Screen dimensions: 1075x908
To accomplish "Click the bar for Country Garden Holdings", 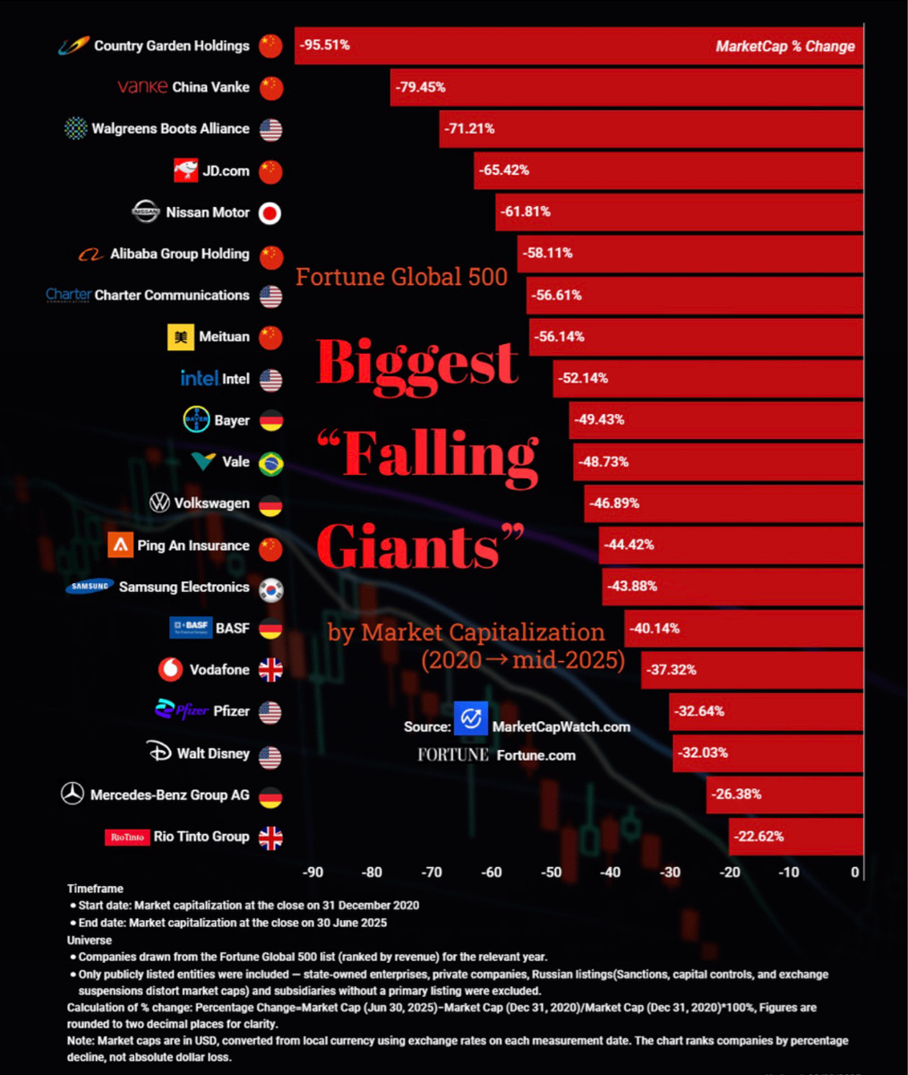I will [578, 46].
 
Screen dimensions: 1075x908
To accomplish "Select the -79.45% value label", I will [420, 87].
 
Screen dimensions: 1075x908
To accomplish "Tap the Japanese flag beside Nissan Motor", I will [270, 212].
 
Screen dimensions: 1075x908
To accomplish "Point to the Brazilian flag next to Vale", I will [270, 463].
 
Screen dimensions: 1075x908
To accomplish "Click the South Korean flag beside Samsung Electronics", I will [270, 589].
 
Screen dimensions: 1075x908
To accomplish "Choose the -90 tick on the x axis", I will [313, 873].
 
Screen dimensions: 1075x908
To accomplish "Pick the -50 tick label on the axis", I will [551, 873].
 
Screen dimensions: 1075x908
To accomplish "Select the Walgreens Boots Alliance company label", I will [170, 129].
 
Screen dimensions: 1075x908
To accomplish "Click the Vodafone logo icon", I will [170, 669].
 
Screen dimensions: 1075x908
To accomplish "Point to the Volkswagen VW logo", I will [159, 503].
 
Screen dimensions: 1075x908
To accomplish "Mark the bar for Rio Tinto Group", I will [795, 836].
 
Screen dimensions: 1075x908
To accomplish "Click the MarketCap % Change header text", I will [784, 47].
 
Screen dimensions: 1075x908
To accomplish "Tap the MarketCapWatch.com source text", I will [561, 727].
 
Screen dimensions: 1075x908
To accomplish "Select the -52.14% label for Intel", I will [583, 378].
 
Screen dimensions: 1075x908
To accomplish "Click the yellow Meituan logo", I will [181, 337].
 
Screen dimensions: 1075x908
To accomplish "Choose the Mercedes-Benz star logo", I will [72, 795].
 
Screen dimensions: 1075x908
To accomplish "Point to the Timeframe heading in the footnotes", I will [95, 889].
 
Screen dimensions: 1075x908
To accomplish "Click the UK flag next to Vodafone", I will [270, 669].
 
